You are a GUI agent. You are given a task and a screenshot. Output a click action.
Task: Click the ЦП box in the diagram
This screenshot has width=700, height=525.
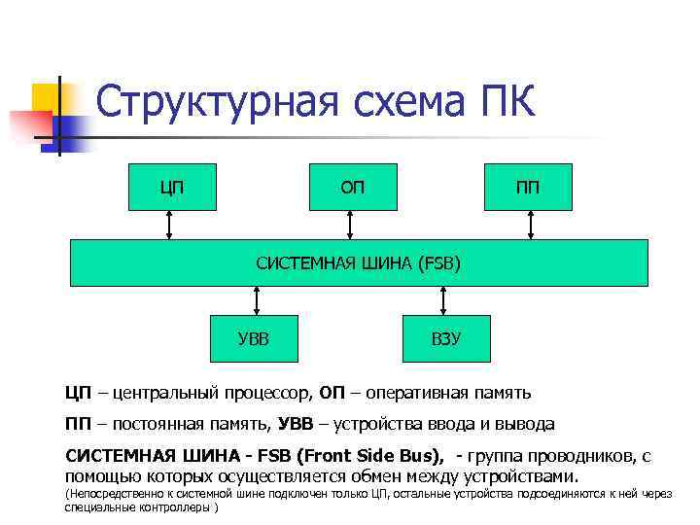coord(169,186)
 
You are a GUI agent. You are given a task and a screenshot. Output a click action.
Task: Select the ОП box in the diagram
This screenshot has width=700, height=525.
coord(352,186)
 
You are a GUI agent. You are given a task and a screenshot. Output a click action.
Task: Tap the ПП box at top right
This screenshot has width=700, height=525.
coord(529,186)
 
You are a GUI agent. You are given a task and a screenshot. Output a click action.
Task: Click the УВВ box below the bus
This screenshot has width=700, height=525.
coord(254,337)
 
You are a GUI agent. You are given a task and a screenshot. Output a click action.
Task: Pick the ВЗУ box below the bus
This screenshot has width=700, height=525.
coord(446,337)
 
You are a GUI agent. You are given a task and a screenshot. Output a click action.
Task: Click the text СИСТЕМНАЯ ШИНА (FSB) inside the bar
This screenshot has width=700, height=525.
coord(359,262)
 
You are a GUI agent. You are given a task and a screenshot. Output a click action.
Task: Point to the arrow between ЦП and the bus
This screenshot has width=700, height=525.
coord(171,225)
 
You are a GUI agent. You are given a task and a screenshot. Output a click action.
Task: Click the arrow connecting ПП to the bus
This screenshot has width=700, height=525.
coord(531,225)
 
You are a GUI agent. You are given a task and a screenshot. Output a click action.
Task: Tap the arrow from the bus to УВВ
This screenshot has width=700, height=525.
coord(255,299)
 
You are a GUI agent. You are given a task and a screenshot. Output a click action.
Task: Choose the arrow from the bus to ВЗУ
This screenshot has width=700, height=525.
coord(447,299)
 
